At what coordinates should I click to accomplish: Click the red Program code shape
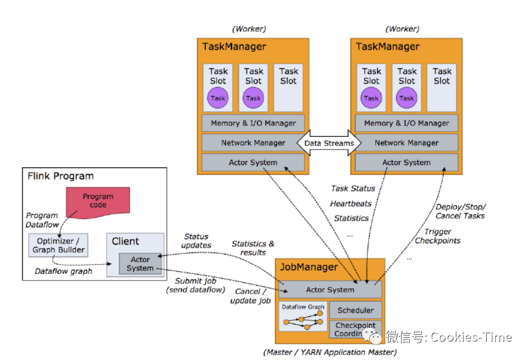coord(98,201)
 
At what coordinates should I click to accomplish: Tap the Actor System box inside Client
coord(140,264)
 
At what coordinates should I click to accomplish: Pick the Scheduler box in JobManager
coord(355,310)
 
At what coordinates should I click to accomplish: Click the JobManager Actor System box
coord(330,289)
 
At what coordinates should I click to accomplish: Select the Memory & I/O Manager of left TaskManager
coord(253,123)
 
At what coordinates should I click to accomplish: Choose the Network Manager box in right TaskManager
coord(406,143)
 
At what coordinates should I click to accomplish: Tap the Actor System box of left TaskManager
coord(253,162)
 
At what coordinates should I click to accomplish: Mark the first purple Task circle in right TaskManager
coord(371,98)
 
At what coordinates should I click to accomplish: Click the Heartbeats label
coord(351,203)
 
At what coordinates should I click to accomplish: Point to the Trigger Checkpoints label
coord(437,236)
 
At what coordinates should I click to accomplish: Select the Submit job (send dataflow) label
coord(196,286)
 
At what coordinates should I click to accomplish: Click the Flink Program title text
coord(61,176)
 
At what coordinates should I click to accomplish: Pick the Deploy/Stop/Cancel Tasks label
coord(460,211)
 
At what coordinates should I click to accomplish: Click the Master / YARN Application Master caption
coord(330,352)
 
